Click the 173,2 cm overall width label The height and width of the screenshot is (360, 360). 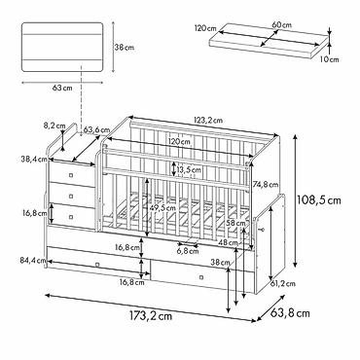151,316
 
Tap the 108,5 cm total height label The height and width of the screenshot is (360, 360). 319,200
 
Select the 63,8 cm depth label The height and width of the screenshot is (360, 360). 290,313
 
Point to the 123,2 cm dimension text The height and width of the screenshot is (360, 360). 208,120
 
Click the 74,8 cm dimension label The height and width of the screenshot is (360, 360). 266,185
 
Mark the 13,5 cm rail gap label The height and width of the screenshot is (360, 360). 189,169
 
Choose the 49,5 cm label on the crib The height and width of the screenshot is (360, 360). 162,207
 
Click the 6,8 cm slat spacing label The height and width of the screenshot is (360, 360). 188,251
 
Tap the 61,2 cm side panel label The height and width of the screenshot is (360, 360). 283,284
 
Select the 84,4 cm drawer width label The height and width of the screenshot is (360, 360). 32,260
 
